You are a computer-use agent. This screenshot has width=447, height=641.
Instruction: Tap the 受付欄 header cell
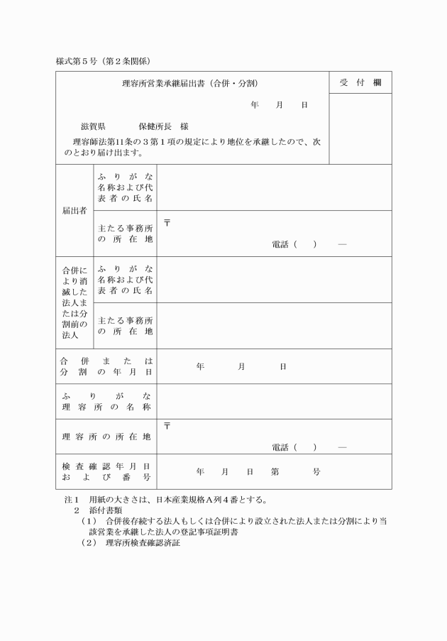click(360, 83)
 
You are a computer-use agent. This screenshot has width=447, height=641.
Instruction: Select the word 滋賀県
click(94, 126)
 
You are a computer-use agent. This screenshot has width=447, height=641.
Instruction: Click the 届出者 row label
click(74, 211)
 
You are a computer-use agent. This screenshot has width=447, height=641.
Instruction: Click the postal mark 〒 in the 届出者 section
click(167, 223)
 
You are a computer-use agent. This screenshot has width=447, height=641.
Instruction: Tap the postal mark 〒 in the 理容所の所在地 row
click(167, 426)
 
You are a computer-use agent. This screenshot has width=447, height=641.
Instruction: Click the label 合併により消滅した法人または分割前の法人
click(74, 302)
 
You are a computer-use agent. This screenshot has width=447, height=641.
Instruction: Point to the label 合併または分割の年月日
click(106, 366)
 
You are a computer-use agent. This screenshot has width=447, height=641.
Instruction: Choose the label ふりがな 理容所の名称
click(106, 401)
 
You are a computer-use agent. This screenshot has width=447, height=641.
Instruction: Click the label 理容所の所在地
click(106, 436)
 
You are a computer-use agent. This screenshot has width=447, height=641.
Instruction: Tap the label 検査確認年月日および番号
click(106, 471)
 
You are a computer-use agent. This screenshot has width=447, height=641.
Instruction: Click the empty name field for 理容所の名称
click(274, 401)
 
